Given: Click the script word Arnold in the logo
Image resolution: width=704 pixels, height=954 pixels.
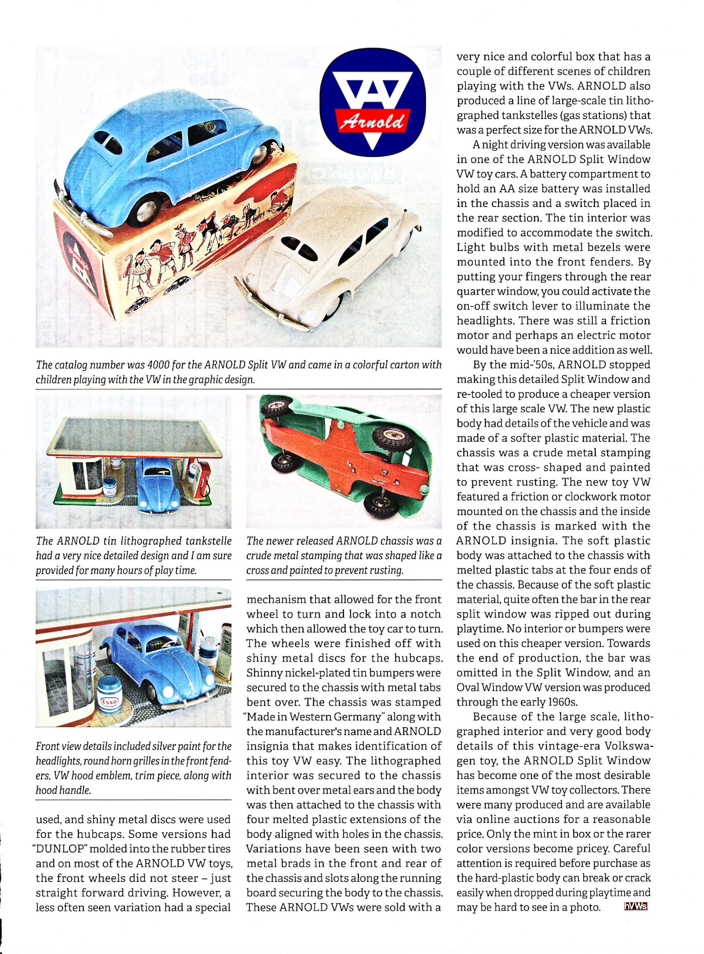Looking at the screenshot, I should (x=372, y=121).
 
